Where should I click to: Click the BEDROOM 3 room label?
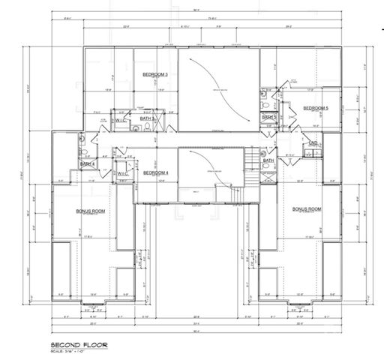tap(154, 74)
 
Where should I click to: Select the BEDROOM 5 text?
tap(316, 109)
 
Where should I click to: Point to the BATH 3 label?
tap(148, 118)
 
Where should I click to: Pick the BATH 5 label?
tap(269, 117)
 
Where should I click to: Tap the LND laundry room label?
tap(313, 142)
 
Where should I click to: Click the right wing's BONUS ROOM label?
tap(307, 208)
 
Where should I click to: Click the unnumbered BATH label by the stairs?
tap(268, 160)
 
